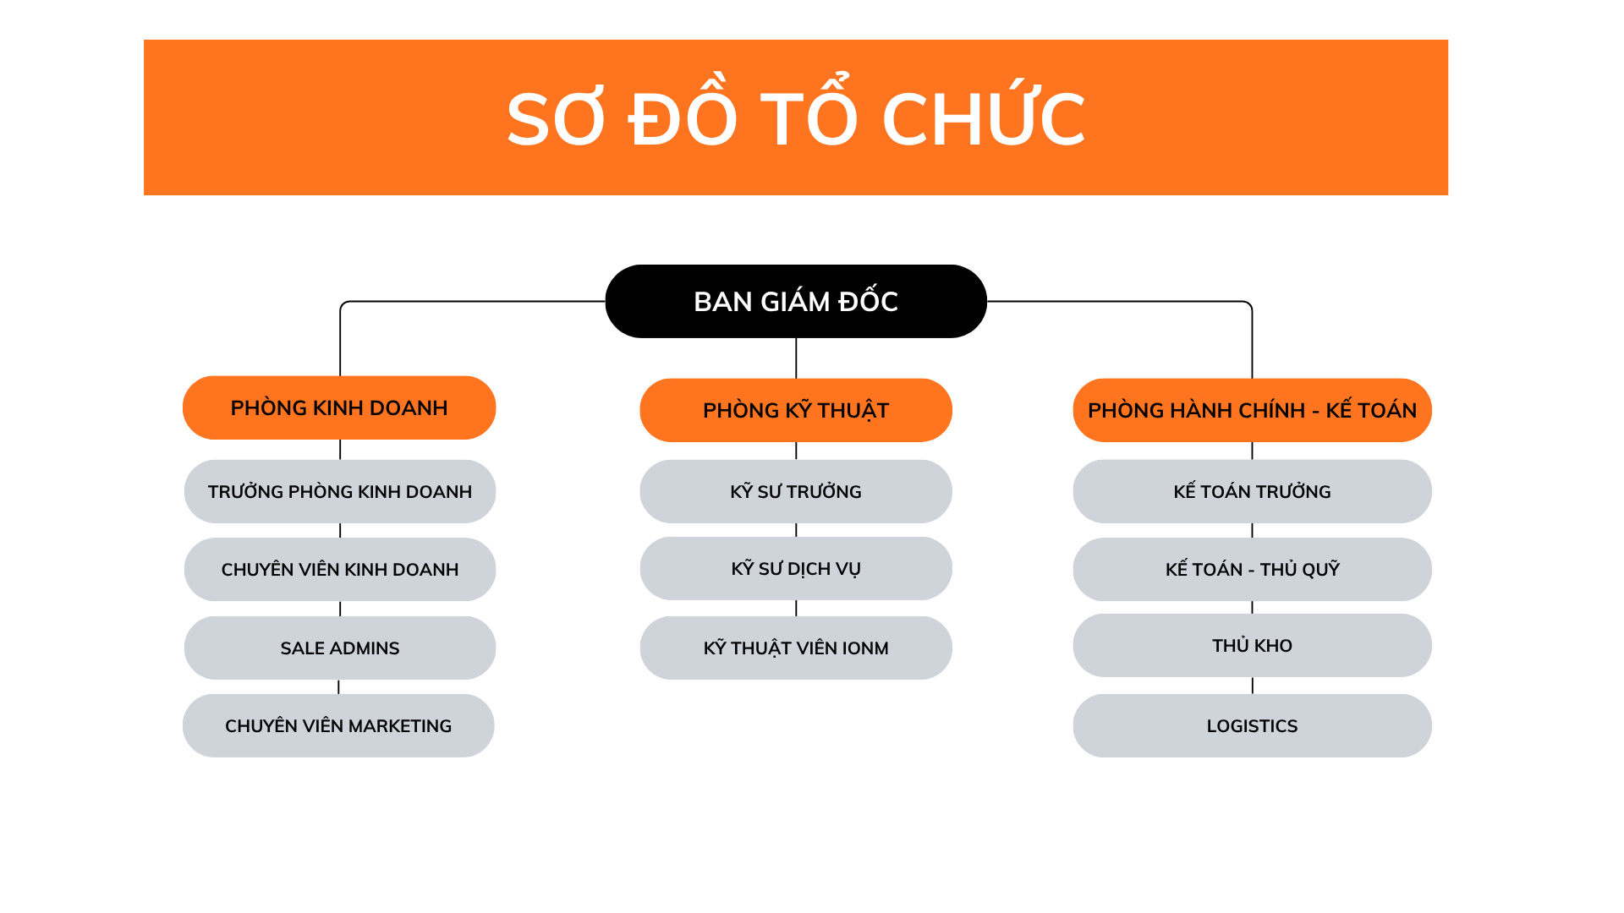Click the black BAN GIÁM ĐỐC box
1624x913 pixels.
(x=795, y=301)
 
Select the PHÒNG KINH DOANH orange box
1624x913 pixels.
(x=339, y=407)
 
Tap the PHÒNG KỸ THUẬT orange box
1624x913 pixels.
(x=795, y=410)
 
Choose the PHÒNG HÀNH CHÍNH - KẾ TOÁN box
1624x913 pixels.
(x=1252, y=410)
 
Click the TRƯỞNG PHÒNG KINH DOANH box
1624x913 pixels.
(x=339, y=491)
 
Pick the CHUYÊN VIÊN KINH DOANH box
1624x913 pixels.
(x=339, y=569)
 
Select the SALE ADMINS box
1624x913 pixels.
(x=339, y=648)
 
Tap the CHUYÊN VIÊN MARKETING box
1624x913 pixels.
(x=338, y=725)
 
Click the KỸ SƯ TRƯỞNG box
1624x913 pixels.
(x=795, y=491)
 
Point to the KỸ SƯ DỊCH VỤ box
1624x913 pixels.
(x=795, y=568)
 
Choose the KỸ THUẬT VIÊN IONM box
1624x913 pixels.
(x=795, y=648)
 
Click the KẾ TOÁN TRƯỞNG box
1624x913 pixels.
(x=1252, y=491)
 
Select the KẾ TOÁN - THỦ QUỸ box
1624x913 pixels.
(x=1252, y=569)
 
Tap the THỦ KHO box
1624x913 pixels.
(x=1252, y=645)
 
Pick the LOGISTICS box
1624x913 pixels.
(x=1252, y=725)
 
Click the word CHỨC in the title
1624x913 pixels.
(x=983, y=118)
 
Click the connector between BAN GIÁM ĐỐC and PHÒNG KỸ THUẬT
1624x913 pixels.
(x=796, y=358)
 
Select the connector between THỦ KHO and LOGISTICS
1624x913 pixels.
(x=1253, y=686)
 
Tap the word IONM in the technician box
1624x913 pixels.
(x=864, y=648)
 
